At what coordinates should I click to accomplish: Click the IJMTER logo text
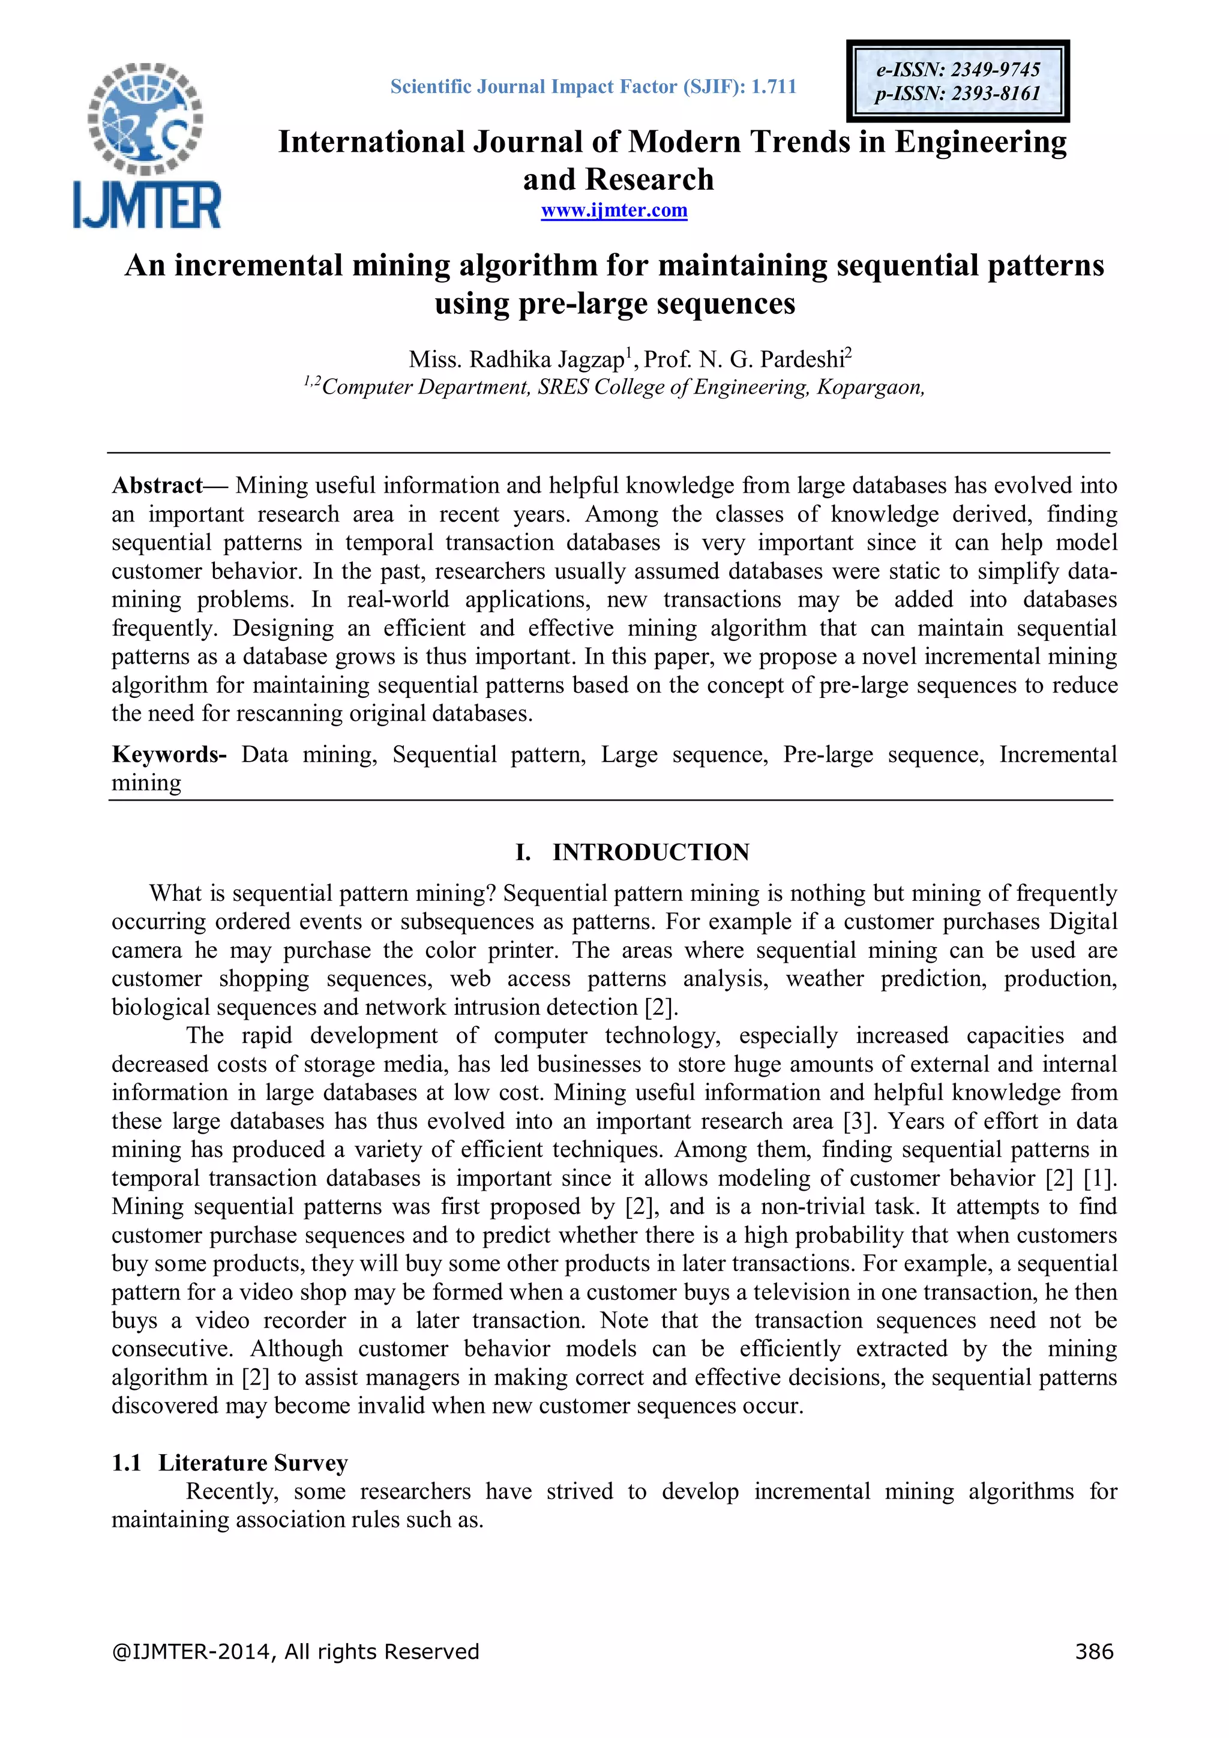pos(147,205)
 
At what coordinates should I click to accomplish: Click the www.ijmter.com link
pos(614,211)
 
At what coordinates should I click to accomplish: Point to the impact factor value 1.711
pos(774,87)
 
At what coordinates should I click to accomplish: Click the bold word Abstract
pos(157,486)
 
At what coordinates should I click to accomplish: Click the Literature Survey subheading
pos(253,1463)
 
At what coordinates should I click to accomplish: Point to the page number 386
pos(1093,1651)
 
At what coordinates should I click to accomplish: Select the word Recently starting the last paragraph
pos(232,1491)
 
